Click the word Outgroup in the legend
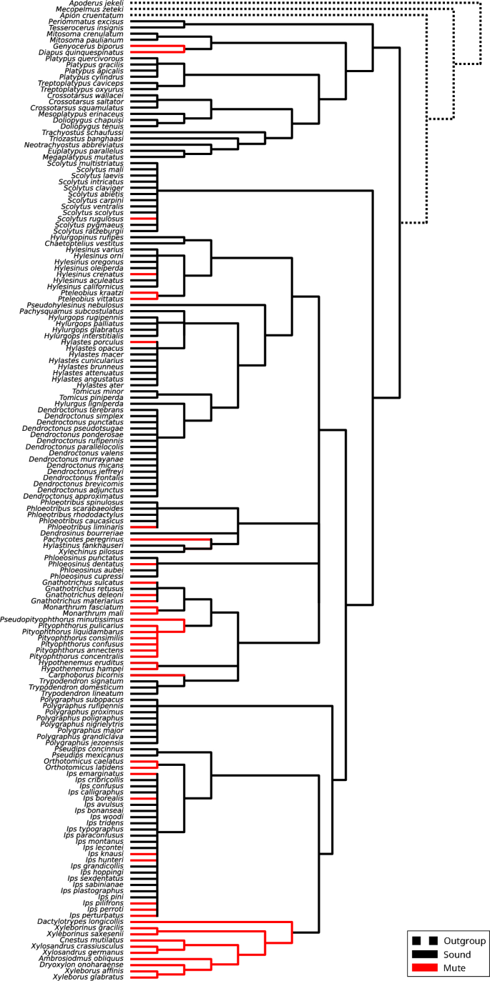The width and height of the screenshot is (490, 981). coord(465,940)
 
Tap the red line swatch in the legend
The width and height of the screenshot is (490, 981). coord(424,968)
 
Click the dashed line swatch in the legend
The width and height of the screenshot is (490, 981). coord(424,941)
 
